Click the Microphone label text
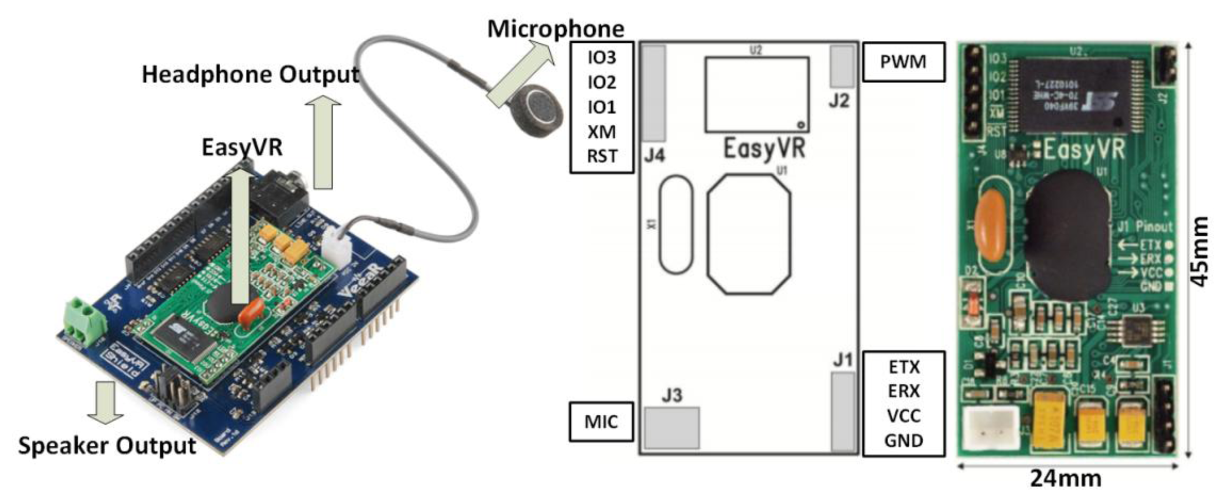[555, 30]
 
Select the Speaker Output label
[106, 446]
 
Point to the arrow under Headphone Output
[323, 143]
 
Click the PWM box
[903, 62]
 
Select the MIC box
[601, 421]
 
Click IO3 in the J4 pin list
[602, 58]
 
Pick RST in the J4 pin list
[602, 156]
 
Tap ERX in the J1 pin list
[903, 391]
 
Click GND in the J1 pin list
[903, 441]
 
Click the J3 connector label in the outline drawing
[672, 395]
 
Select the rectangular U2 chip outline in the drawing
[757, 94]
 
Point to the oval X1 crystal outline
[676, 224]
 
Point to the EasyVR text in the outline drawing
[764, 149]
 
